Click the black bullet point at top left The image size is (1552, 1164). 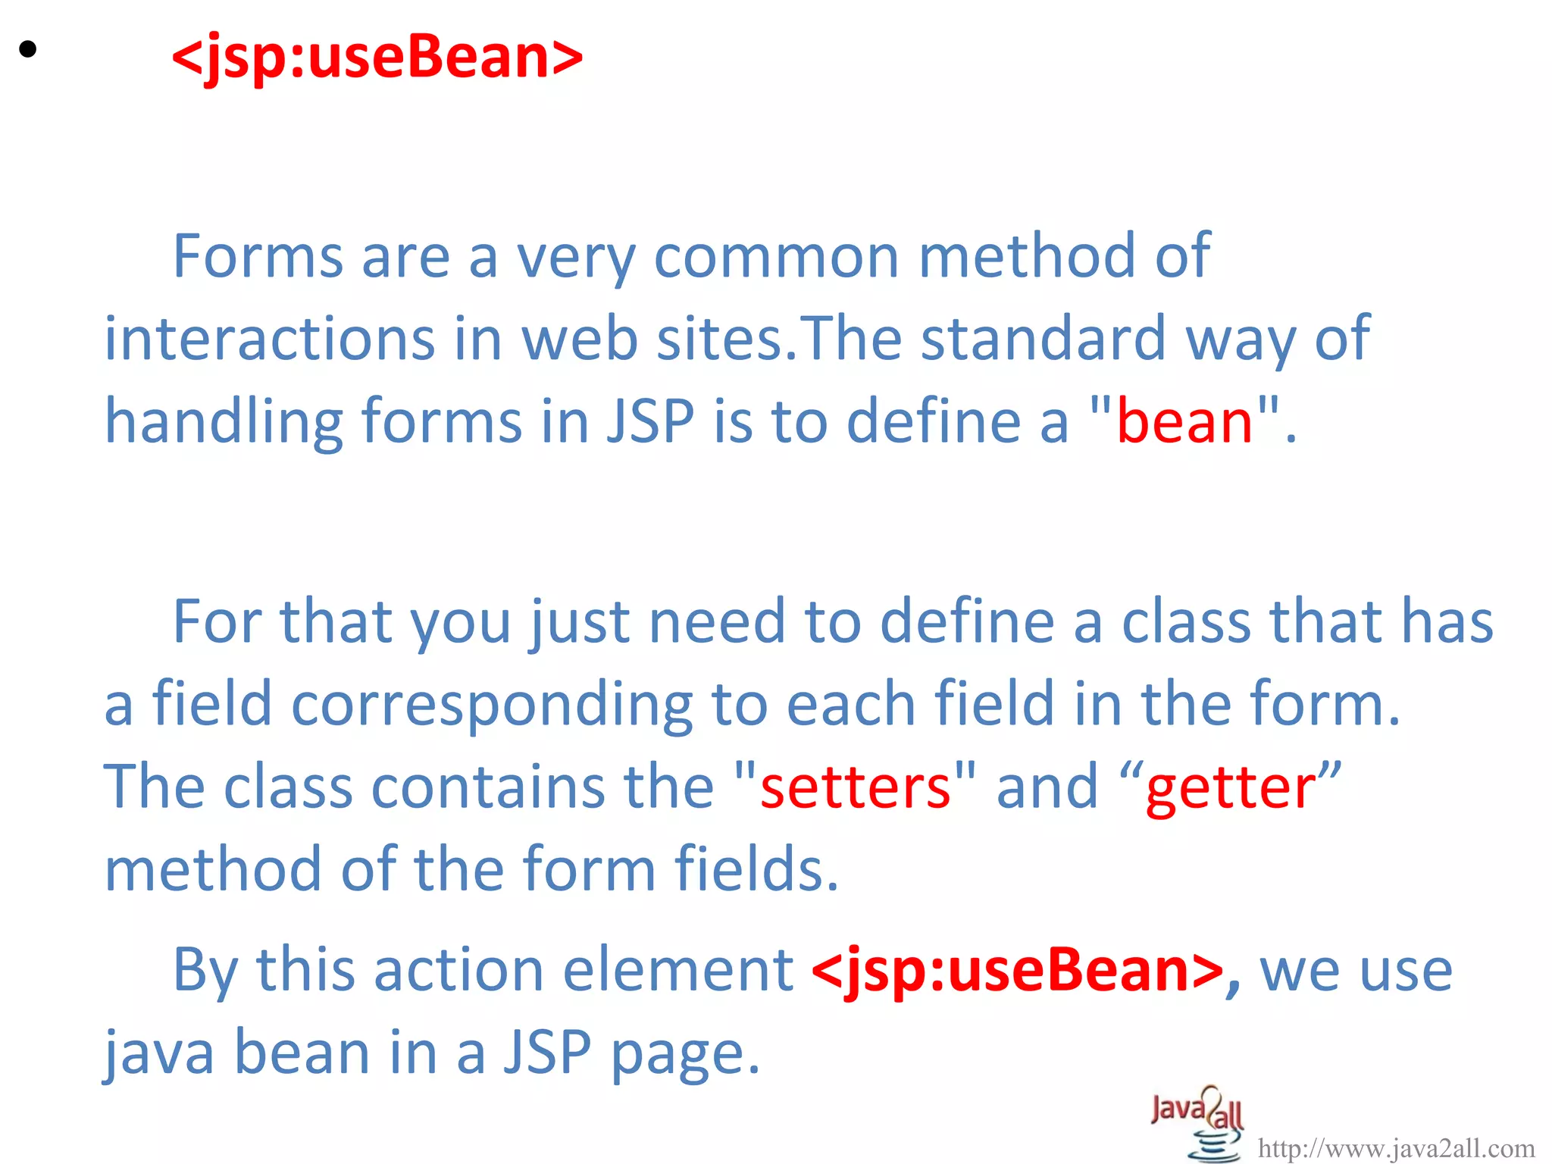click(x=28, y=50)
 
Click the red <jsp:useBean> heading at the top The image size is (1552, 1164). click(x=377, y=57)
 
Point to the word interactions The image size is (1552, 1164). click(x=269, y=339)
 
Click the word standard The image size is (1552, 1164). click(x=1043, y=339)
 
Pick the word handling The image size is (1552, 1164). click(x=224, y=421)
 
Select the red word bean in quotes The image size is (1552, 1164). click(x=1184, y=421)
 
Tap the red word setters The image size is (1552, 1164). click(x=855, y=787)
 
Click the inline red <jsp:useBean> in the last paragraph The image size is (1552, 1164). click(x=1017, y=970)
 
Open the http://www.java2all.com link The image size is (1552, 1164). click(x=1395, y=1149)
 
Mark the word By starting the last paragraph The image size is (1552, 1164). click(x=205, y=972)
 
